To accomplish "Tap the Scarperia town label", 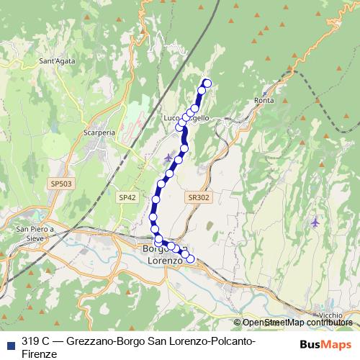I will [x=99, y=133].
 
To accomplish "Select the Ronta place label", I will [x=264, y=101].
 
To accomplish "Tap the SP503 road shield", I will [x=61, y=184].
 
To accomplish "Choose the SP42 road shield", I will [x=127, y=197].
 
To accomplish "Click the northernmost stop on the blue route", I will [x=207, y=83].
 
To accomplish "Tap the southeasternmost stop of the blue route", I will [x=191, y=259].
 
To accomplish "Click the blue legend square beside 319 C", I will [x=10, y=341].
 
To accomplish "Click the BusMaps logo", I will [x=326, y=343].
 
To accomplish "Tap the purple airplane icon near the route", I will [x=168, y=158].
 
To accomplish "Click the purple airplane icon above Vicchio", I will [x=315, y=222].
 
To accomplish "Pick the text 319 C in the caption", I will [x=35, y=341].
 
